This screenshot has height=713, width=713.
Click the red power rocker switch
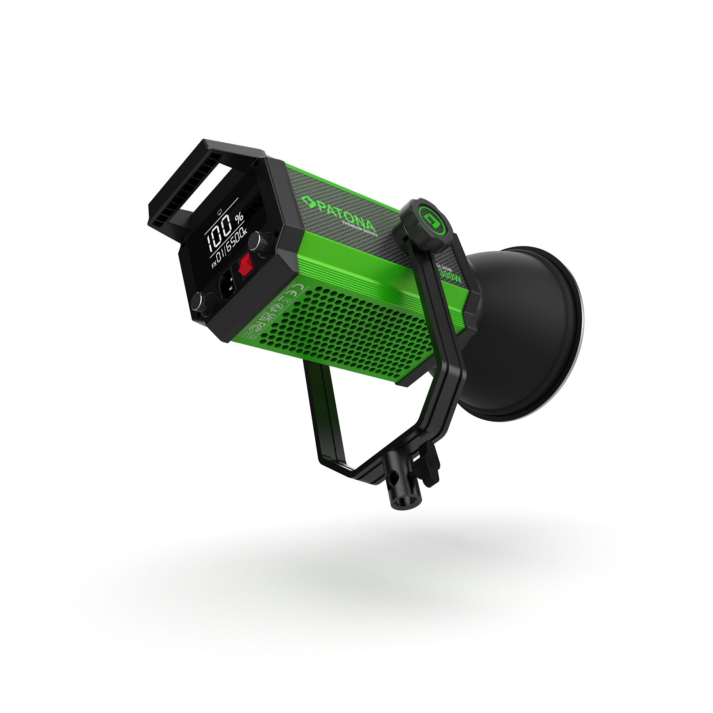[x=244, y=265]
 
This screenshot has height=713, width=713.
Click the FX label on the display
[x=214, y=265]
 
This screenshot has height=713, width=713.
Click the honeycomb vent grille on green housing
[x=349, y=329]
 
